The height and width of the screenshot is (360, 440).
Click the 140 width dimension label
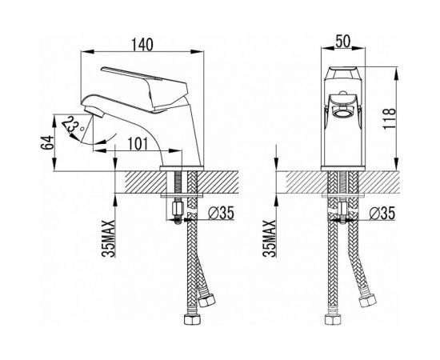coord(142,45)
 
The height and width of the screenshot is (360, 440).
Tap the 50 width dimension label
coord(343,42)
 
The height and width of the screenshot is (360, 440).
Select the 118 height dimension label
coord(390,118)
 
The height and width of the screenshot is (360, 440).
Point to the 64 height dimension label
coord(47,142)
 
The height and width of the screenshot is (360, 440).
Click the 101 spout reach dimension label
coord(138,144)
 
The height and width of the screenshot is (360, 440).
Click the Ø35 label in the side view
coord(221,213)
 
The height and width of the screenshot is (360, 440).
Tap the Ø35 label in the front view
coord(382,213)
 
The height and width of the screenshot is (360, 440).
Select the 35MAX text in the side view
coord(109,238)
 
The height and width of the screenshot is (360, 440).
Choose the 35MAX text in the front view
coord(270,238)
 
